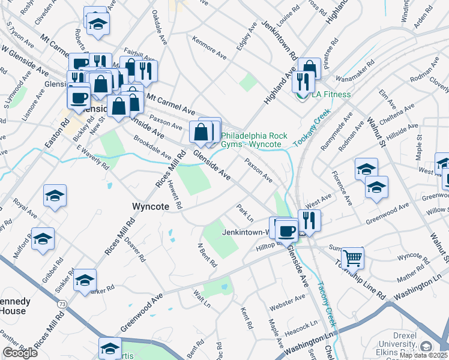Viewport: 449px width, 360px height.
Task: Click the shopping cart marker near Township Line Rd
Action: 352,258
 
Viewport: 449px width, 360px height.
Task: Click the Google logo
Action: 20,352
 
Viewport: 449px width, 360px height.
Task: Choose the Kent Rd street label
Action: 246,318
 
